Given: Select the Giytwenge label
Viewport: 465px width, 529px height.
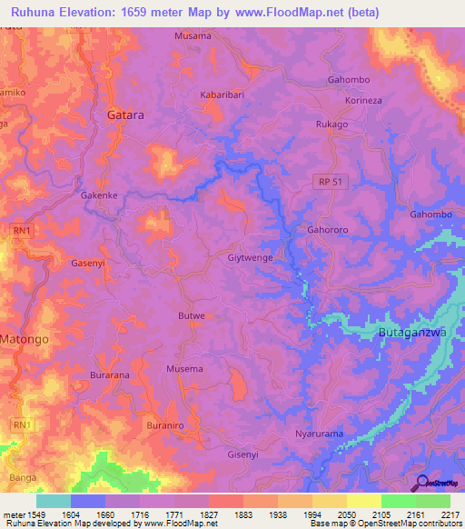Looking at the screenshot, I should pyautogui.click(x=250, y=258).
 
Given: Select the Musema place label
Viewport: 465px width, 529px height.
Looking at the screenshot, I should pyautogui.click(x=184, y=369).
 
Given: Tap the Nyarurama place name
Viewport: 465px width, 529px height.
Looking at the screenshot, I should pyautogui.click(x=320, y=434).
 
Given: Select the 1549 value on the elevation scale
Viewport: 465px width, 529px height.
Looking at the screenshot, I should pyautogui.click(x=36, y=514).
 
